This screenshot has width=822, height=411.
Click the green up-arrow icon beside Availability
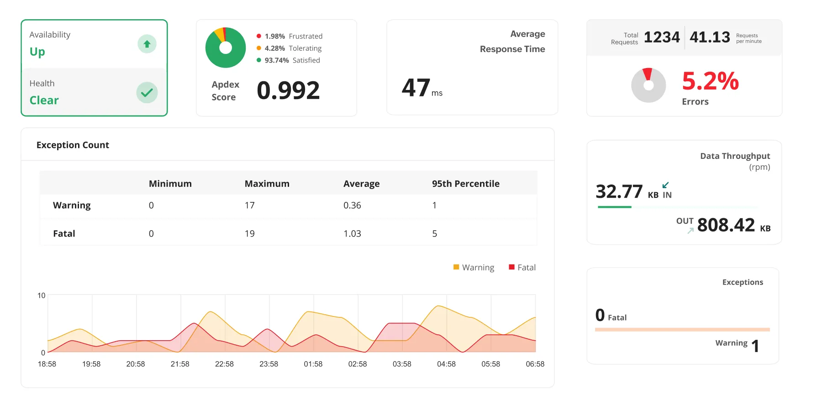(x=147, y=44)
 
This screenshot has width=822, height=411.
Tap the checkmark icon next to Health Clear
(x=147, y=93)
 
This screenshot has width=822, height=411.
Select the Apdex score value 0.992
(x=288, y=90)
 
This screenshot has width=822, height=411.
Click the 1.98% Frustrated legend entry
(x=289, y=36)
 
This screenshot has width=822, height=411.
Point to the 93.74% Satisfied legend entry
(x=288, y=60)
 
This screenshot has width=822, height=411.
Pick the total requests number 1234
(x=662, y=37)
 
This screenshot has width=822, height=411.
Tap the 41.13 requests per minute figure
(x=710, y=37)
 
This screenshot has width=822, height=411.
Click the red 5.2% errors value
(x=710, y=81)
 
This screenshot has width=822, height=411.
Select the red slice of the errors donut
(x=647, y=74)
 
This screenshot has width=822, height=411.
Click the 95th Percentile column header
(x=465, y=184)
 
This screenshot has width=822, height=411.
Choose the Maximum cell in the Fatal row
(x=250, y=234)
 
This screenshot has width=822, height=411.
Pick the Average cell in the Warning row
(x=352, y=205)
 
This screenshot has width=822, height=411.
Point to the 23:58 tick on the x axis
(x=269, y=364)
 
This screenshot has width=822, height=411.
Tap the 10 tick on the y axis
(x=41, y=295)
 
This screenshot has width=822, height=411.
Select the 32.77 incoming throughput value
(x=619, y=192)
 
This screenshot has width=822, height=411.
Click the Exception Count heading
(x=73, y=145)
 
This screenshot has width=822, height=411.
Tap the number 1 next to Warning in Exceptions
(x=755, y=346)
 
